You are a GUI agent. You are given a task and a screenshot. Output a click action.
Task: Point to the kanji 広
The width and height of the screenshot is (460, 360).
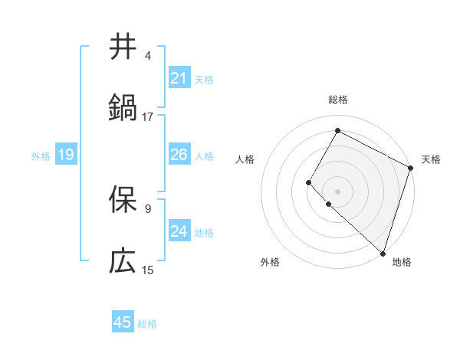[x=123, y=260]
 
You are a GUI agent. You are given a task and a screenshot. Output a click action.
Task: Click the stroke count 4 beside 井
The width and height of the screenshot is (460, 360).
[x=148, y=56]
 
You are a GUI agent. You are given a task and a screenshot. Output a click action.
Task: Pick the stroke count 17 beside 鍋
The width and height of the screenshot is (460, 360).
[x=148, y=116]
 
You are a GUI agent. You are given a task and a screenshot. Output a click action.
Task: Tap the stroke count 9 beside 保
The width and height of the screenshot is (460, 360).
[x=148, y=208]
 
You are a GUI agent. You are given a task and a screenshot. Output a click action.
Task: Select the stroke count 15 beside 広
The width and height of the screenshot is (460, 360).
[x=148, y=270]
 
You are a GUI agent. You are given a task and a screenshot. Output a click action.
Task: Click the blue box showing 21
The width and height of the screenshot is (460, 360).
[x=179, y=78]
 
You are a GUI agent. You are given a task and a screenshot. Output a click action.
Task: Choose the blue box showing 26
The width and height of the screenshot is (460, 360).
[x=179, y=155]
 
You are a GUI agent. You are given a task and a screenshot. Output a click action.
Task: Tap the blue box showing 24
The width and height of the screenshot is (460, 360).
[x=179, y=231]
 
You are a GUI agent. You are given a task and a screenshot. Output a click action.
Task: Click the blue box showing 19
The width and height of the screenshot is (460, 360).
[x=65, y=155]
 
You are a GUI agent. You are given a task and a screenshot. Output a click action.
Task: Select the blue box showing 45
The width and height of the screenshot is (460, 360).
[x=123, y=322]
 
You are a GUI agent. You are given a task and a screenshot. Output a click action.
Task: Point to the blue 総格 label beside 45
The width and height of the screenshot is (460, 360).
[x=148, y=324]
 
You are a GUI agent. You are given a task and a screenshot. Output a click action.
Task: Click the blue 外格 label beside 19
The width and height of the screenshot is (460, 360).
[x=41, y=156]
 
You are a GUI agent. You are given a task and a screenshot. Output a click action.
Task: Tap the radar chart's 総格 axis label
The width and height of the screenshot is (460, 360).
[x=337, y=100]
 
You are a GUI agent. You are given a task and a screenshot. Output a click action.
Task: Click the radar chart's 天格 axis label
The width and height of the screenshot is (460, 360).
[x=431, y=159]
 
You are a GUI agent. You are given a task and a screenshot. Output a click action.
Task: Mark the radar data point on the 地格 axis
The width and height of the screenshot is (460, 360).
[x=383, y=253]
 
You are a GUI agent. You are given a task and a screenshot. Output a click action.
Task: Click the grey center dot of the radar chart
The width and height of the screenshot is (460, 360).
[x=337, y=191]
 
